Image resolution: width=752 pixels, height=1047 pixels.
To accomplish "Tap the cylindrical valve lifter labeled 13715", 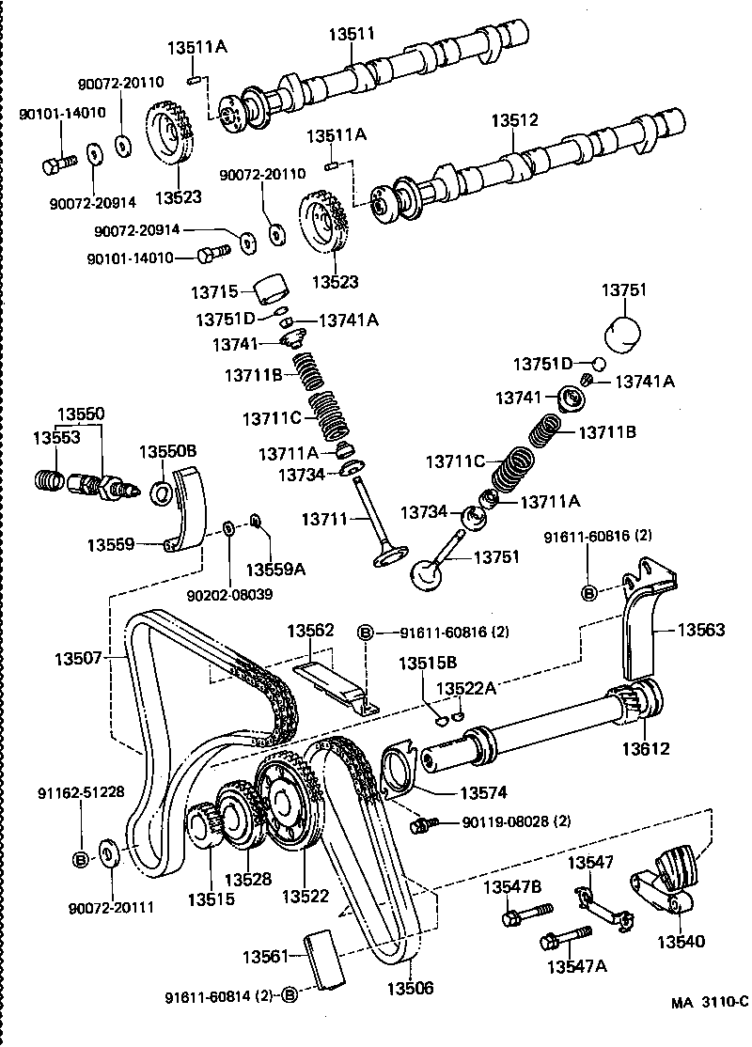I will pos(273,289).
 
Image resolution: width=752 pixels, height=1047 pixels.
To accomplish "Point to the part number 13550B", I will pos(168,451).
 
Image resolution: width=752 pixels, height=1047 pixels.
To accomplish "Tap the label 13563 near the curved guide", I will pos(702,630).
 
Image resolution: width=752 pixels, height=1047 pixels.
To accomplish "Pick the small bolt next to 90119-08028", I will pos(422,824).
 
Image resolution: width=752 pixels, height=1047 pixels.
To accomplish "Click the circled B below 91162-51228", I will pos(81,858).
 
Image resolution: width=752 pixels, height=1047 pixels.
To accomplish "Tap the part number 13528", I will pos(248,879).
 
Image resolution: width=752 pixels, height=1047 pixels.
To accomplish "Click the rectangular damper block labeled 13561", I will pos(321,958).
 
